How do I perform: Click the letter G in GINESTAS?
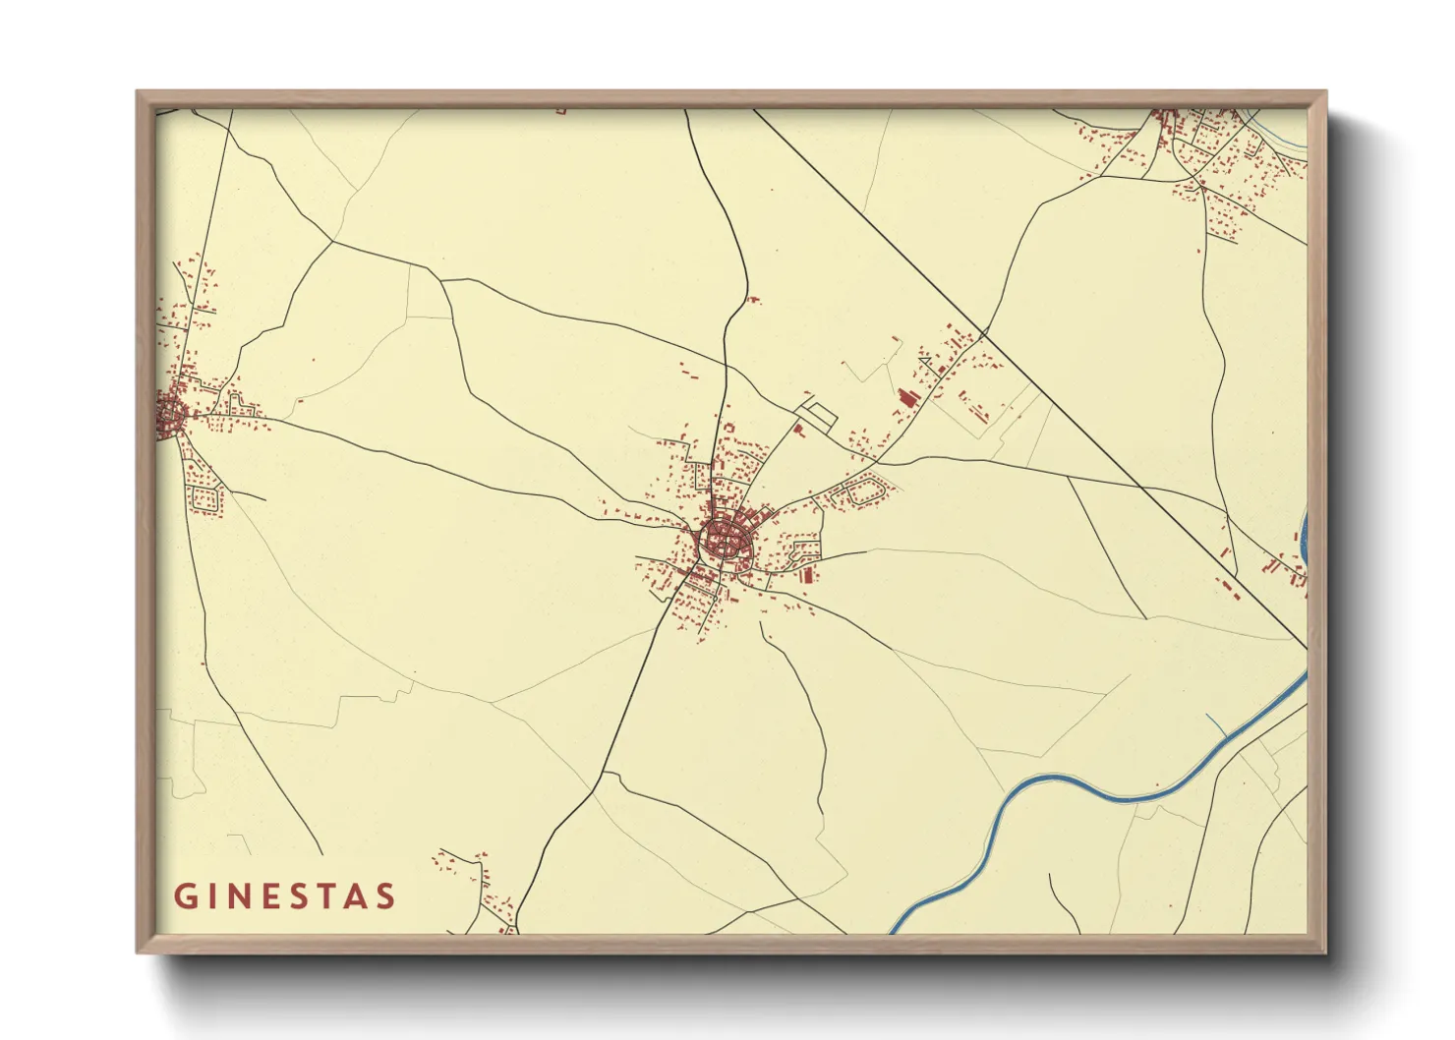point(185,896)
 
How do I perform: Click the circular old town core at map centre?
point(726,541)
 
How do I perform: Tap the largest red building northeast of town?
point(907,396)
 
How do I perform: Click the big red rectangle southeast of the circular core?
point(807,574)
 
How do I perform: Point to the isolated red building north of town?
point(754,300)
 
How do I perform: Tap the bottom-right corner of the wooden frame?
point(1324,951)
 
